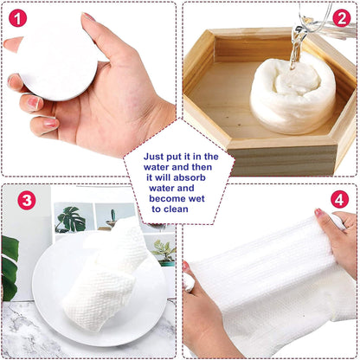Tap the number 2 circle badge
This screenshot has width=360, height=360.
click(x=341, y=17)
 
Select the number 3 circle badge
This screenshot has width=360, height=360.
click(x=27, y=201)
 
